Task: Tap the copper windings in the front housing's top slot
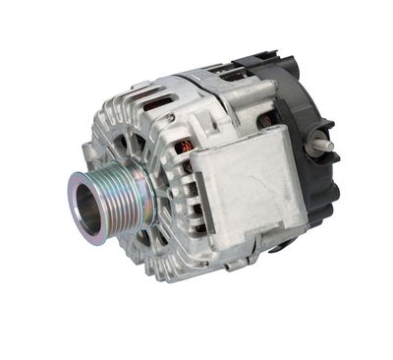(155, 103)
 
